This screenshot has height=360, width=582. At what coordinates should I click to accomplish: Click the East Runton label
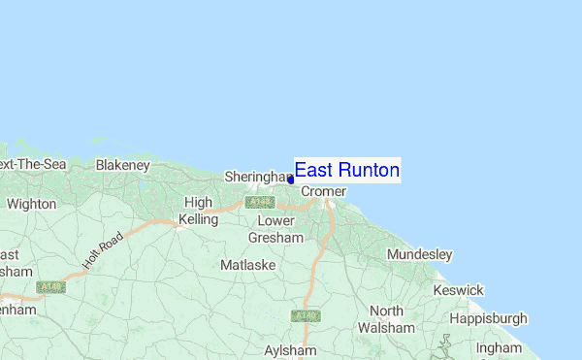pos(346,171)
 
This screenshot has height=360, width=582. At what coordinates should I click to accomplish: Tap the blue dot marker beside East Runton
pos(291,180)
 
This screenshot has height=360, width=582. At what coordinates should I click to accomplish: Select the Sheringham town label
pos(258,178)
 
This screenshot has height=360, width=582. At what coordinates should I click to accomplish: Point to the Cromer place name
pos(323,192)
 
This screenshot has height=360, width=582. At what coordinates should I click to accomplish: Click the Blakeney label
pos(120,165)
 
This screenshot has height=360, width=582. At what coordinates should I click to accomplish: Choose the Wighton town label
pos(31,205)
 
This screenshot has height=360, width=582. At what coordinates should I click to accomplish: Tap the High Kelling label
pos(198,211)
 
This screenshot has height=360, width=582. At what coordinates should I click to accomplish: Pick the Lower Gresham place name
pos(275,229)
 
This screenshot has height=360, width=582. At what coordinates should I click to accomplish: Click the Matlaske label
pos(248,264)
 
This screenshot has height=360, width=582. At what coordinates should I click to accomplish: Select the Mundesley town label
pos(419,254)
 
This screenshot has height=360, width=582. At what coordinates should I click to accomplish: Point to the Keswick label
pos(458,290)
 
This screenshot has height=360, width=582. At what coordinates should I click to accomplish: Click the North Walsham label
pos(386,319)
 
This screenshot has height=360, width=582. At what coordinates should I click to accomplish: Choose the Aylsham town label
pos(291,349)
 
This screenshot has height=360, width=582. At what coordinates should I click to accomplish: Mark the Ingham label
pos(499,347)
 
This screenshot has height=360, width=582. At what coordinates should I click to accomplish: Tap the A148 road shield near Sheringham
pos(258,203)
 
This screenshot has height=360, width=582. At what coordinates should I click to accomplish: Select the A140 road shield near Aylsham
pos(307,315)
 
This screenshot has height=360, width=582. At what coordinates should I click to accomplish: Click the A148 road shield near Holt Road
pos(50,287)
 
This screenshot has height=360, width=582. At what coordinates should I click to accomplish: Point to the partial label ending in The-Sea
pos(32,165)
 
